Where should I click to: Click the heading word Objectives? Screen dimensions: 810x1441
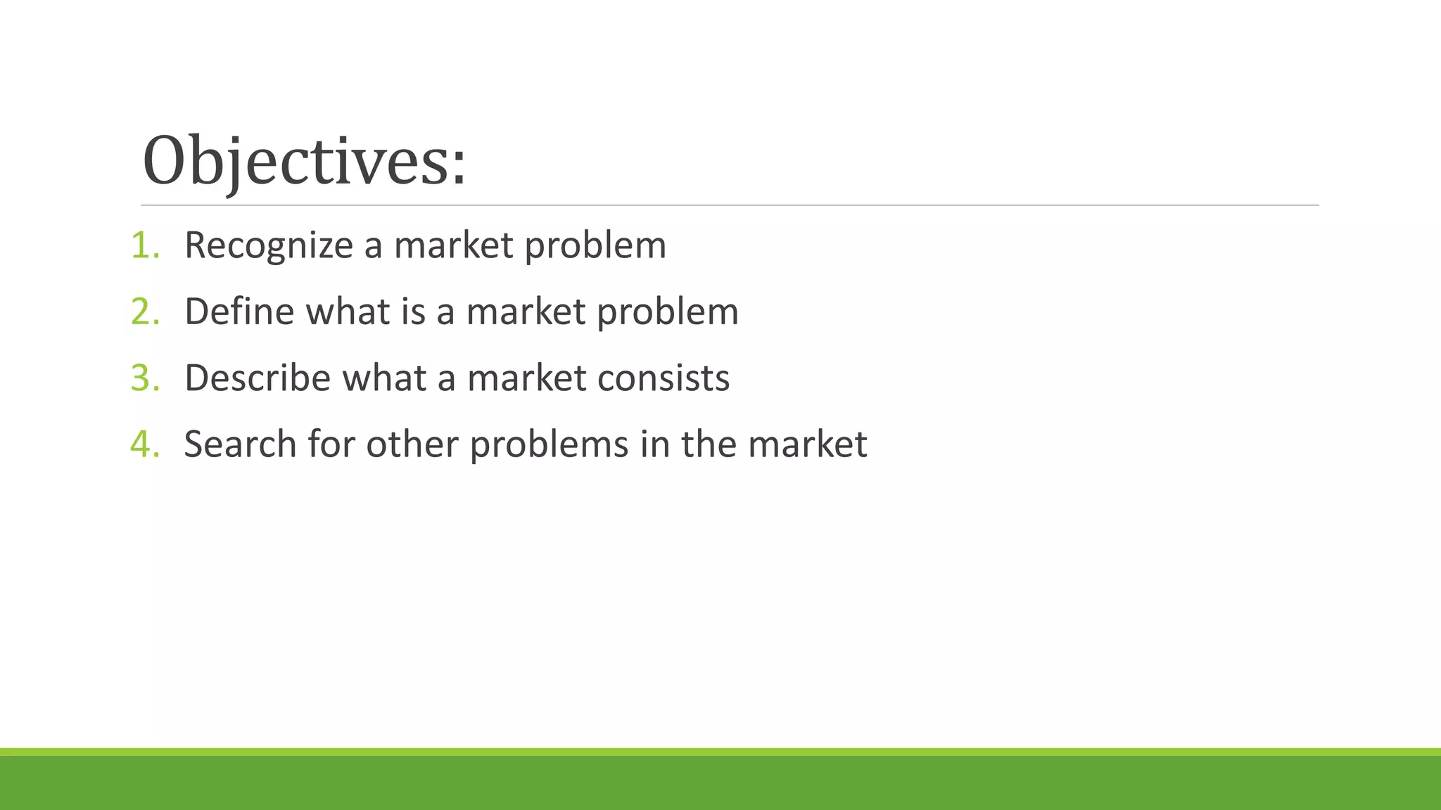296,162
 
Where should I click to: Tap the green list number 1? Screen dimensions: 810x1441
142,245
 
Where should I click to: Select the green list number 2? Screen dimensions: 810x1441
142,311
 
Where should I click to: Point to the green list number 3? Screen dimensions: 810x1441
142,378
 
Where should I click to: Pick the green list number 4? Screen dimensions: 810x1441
142,444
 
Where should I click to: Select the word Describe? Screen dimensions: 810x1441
257,378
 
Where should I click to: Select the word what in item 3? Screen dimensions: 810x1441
384,378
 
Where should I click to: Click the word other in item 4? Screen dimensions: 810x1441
412,444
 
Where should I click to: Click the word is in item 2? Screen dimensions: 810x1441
413,311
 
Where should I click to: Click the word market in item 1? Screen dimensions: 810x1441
453,246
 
